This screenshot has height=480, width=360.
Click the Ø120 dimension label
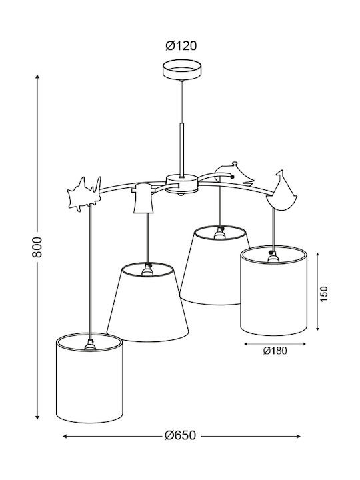point(181,46)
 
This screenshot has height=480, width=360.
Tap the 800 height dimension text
point(37,247)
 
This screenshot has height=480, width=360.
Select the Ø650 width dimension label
point(180,435)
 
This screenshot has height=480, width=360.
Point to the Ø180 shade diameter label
point(275,351)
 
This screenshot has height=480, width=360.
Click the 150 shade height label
point(323,294)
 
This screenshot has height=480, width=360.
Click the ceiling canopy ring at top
point(182,70)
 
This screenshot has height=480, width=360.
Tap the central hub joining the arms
point(181,184)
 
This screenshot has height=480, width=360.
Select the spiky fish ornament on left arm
point(84,194)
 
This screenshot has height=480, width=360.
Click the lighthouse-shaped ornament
point(143,198)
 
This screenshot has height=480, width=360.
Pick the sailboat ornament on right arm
point(281,191)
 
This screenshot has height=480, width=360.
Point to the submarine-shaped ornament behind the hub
point(234,175)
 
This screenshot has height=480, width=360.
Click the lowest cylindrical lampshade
point(90,378)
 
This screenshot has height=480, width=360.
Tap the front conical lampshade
point(147,302)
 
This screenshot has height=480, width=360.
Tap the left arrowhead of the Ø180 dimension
point(247,344)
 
